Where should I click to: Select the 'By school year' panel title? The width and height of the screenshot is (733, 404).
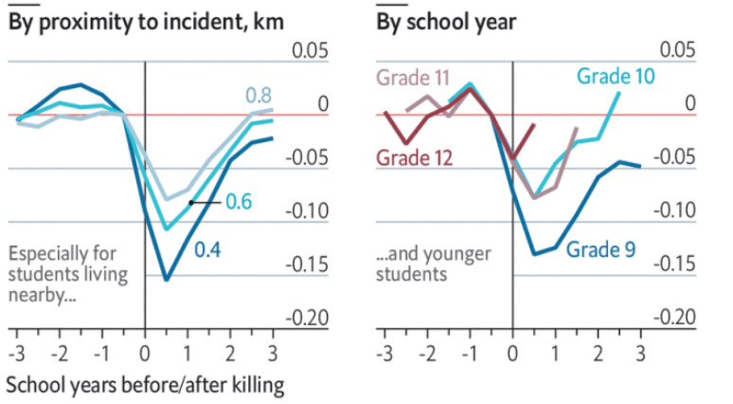pyautogui.click(x=446, y=22)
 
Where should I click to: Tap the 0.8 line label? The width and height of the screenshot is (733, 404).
pyautogui.click(x=259, y=95)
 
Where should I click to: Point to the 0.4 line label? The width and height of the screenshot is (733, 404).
pyautogui.click(x=208, y=250)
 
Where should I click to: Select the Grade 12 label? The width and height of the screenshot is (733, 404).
pyautogui.click(x=412, y=156)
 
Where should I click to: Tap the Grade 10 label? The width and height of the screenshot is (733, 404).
pyautogui.click(x=616, y=75)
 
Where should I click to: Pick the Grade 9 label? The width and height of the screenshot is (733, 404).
pyautogui.click(x=600, y=250)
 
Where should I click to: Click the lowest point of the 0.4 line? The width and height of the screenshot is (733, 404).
pyautogui.click(x=167, y=280)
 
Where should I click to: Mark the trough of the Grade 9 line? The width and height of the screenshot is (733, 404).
pyautogui.click(x=534, y=254)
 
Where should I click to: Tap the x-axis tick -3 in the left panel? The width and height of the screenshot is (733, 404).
pyautogui.click(x=16, y=353)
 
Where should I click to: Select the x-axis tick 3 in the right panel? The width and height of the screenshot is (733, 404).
pyautogui.click(x=640, y=353)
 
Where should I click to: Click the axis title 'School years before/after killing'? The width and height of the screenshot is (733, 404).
pyautogui.click(x=145, y=386)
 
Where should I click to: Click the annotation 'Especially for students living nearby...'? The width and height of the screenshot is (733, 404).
pyautogui.click(x=66, y=274)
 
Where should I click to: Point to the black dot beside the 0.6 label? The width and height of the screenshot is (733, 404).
pyautogui.click(x=191, y=202)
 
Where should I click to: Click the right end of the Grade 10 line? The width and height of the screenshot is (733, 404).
pyautogui.click(x=619, y=92)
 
